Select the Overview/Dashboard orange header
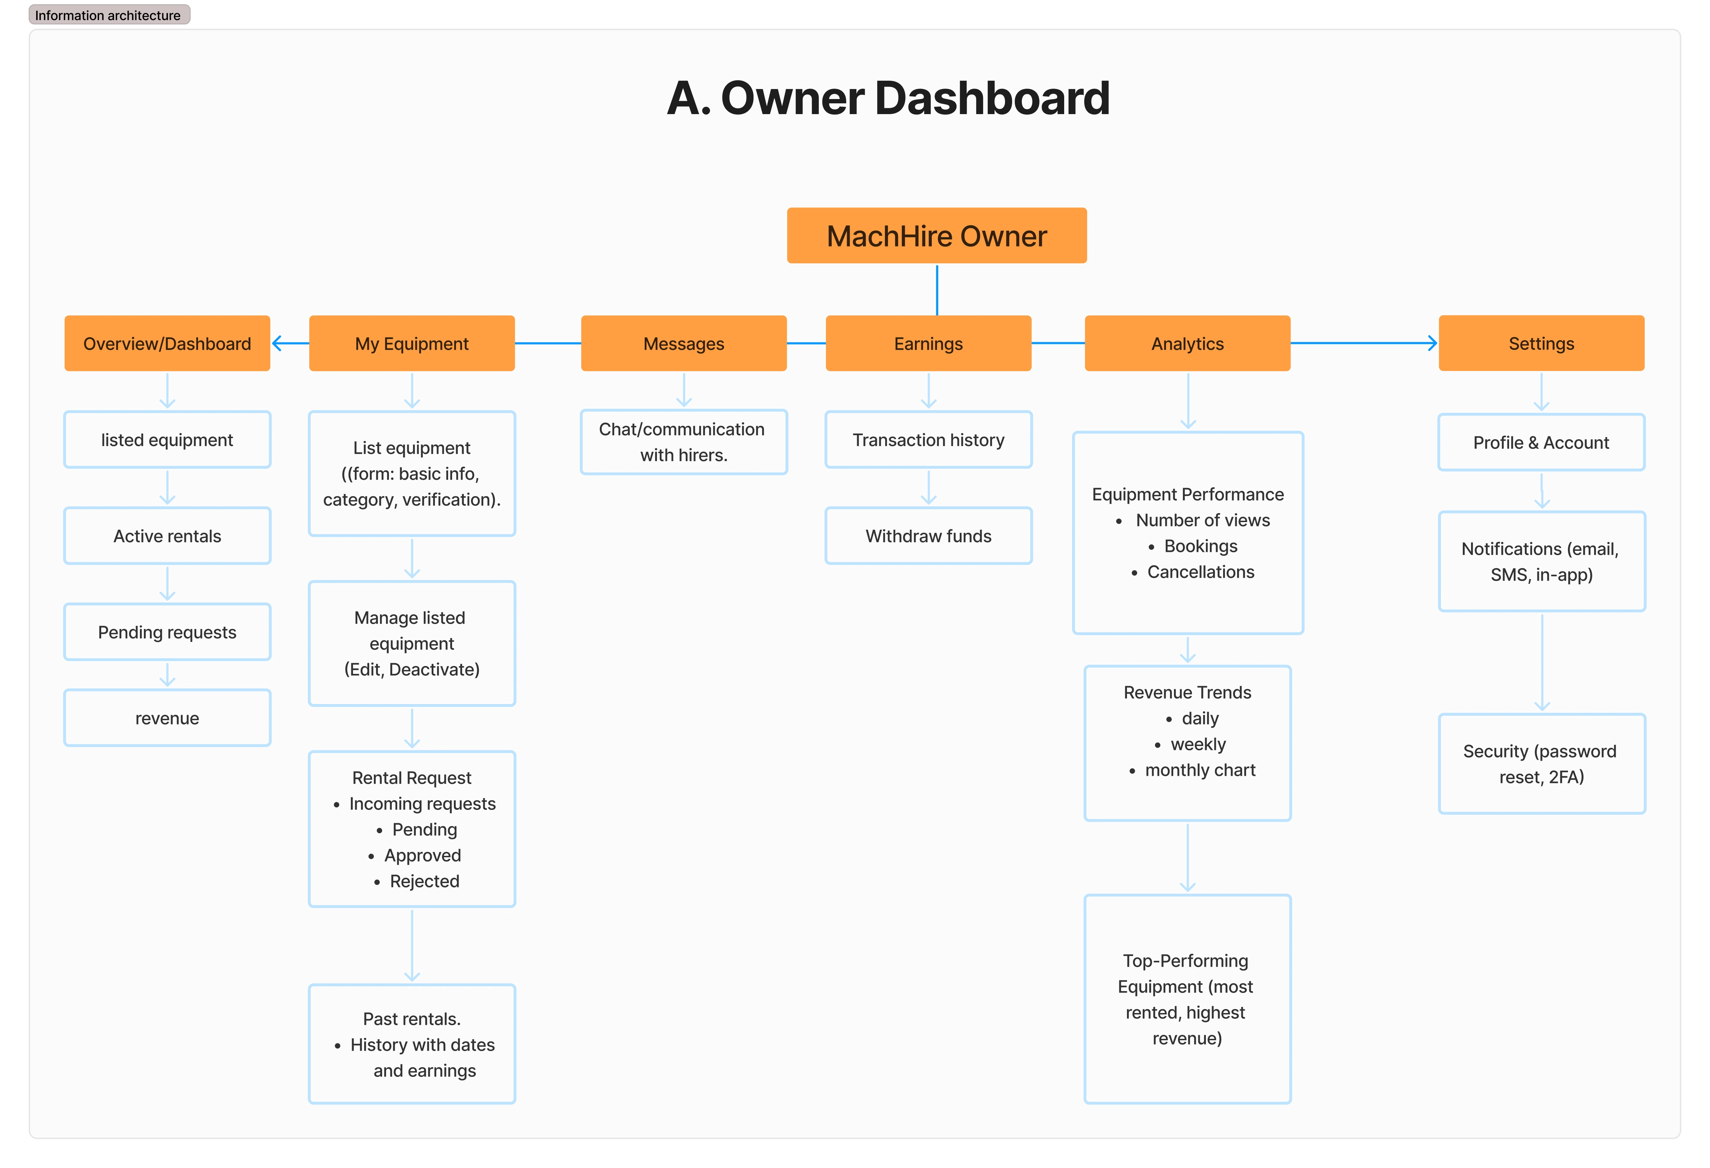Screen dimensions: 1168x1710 point(167,344)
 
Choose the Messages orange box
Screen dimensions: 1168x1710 point(683,344)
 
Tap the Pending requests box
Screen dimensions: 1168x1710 point(167,632)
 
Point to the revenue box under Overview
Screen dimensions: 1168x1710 point(167,718)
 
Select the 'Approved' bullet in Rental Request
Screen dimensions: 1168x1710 point(422,855)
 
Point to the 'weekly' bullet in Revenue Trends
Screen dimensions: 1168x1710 point(1198,744)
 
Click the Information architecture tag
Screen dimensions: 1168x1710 point(108,15)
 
